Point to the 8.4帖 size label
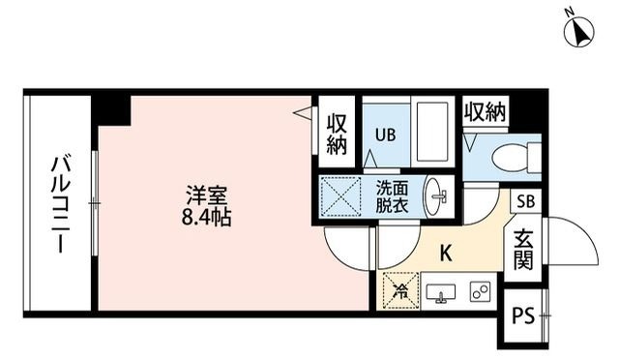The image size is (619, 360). click(x=202, y=217)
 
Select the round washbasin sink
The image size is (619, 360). click(x=437, y=195)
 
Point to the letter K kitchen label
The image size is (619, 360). click(x=446, y=255)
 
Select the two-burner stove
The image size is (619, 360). click(x=479, y=291)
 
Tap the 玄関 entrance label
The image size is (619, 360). click(x=523, y=250)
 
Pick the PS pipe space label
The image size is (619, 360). click(x=523, y=315)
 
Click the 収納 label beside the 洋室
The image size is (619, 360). click(x=336, y=134)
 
